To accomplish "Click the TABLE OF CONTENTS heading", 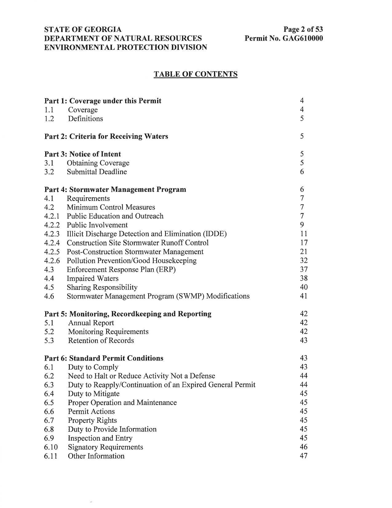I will point(196,74).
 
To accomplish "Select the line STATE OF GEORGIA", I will point(83,30).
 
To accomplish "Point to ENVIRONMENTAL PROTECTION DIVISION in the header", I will point(126,47).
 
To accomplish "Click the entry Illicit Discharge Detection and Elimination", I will point(147,234).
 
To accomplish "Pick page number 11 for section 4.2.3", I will point(303,234).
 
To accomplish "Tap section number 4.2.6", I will point(52,261).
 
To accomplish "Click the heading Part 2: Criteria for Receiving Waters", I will point(106,136).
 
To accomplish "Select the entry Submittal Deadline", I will point(97,172).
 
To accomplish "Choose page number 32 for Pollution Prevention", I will point(303,261).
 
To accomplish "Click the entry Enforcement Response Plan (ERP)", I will point(121,270).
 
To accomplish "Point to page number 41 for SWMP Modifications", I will point(303,296).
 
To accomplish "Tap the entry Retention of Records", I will point(101,341).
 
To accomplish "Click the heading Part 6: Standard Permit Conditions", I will point(104,358).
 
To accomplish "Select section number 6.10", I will point(51,447).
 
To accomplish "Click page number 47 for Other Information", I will point(303,456).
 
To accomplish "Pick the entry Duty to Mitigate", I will point(93,394).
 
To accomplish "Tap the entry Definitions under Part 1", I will point(85,119).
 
